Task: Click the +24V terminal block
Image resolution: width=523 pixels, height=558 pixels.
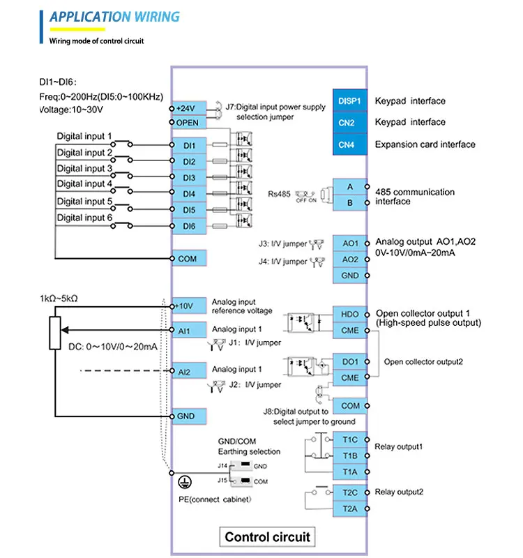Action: [189, 109]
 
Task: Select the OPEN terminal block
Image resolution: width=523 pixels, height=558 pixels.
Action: [189, 123]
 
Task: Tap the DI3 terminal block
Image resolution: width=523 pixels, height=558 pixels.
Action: [189, 178]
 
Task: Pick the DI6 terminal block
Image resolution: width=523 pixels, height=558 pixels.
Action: [189, 226]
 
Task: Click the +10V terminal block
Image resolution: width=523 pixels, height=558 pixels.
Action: [189, 306]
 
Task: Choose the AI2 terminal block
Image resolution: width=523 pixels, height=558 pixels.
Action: [189, 372]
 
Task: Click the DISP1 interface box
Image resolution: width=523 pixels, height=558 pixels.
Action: [349, 101]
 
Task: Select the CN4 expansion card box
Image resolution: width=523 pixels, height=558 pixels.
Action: [349, 145]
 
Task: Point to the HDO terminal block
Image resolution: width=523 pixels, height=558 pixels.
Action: [350, 314]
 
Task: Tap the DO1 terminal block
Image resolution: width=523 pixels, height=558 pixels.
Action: [350, 362]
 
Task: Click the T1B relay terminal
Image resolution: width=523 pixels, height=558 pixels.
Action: [350, 455]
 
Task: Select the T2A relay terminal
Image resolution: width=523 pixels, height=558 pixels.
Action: [350, 508]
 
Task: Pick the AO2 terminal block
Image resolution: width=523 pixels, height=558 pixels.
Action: [350, 259]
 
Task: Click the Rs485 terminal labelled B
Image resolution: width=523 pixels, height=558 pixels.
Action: [350, 203]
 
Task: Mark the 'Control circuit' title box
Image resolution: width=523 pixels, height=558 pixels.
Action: [268, 537]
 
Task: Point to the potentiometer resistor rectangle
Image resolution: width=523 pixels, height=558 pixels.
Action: [56, 332]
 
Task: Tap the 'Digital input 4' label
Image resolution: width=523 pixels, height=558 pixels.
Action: [84, 184]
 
